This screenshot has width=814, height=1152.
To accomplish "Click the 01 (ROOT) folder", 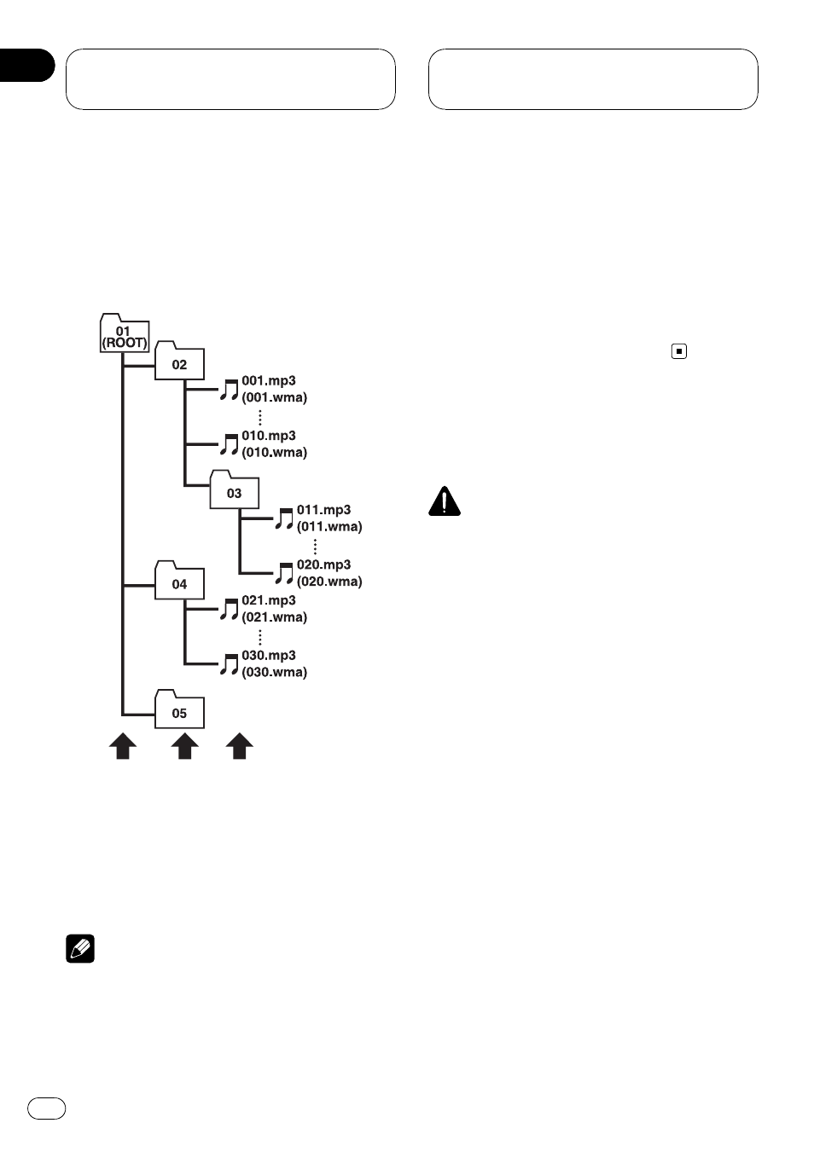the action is pos(125,333).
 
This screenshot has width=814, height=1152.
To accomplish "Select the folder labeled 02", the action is pos(179,361).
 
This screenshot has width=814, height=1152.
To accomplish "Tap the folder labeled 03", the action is pos(234,489).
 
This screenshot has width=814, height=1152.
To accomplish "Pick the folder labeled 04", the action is pos(179,580).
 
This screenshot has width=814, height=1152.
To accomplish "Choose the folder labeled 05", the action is pos(179,709).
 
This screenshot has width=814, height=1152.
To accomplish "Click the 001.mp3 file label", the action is pos(269,380).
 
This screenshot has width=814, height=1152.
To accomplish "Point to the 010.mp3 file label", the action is pos(269,436).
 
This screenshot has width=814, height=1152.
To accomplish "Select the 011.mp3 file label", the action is pos(323,510).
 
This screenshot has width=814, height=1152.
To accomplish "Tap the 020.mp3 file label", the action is pos(323,564).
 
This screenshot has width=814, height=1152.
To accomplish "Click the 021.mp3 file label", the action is pos(269,600).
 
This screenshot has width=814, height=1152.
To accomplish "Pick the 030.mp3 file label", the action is pos(269,655).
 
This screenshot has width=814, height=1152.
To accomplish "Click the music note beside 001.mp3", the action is pos(229,390).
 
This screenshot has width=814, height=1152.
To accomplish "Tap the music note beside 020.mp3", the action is pos(284,574).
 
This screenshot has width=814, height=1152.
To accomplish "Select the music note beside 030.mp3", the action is pos(229,664).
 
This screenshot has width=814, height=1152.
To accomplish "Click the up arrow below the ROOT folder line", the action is pos(123,746).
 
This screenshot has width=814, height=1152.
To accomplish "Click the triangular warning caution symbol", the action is pos(445,501).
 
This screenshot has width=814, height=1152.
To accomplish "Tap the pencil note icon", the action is pos(80,948).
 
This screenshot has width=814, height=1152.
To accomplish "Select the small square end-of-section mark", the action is pos(679,351).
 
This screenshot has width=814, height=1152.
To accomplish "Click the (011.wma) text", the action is pos(329,527).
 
